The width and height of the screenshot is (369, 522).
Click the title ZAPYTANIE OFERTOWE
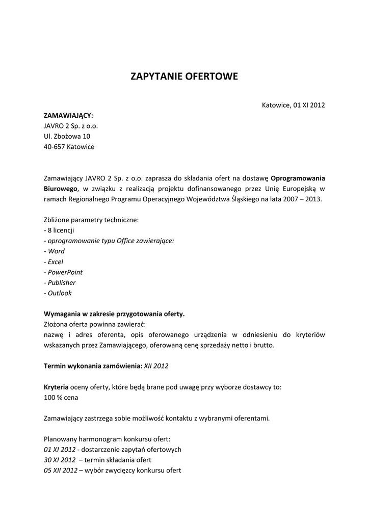[x=184, y=77]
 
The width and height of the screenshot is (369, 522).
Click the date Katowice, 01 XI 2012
[x=293, y=105]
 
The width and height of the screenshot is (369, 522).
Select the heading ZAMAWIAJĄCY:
[x=68, y=116]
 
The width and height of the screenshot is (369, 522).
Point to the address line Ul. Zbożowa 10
[x=67, y=136]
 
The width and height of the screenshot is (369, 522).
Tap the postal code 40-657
[x=54, y=147]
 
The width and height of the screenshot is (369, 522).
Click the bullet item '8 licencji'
[x=59, y=230]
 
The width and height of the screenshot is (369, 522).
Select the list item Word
[x=56, y=251]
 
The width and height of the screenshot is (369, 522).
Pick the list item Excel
[x=55, y=262]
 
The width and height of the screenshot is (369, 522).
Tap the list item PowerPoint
[x=65, y=272]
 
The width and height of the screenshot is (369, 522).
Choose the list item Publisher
[x=61, y=282]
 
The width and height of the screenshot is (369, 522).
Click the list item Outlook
[x=60, y=293]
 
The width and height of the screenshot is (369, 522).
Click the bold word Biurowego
[x=60, y=189]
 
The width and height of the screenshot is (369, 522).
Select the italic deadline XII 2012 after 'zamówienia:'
[x=156, y=366]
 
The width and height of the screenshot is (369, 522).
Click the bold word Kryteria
[x=56, y=387]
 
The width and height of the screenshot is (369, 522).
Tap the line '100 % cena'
[x=61, y=397]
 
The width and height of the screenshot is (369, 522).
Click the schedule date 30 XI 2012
[x=59, y=460]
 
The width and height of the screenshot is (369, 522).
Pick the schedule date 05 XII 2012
[x=61, y=471]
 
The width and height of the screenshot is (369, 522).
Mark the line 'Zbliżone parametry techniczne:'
[x=91, y=220]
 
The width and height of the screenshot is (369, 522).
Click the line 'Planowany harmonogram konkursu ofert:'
[x=107, y=439]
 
